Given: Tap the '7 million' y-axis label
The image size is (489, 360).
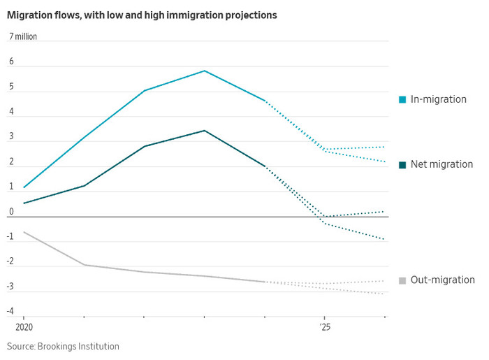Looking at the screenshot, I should point(23,36).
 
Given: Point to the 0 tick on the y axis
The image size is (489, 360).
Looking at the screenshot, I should point(11,212).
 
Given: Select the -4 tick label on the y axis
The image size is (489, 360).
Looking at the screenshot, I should point(10,311).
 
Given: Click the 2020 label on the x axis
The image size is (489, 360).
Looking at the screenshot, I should point(24,326).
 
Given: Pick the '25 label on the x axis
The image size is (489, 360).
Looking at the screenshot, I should point(325,326).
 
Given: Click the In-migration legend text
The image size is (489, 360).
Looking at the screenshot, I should point(438,99).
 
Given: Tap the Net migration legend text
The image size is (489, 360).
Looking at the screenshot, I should point(441,164).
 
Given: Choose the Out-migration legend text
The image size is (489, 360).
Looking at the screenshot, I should point(442,280).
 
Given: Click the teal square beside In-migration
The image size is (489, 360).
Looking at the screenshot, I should point(402,100).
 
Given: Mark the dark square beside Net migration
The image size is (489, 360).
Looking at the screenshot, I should point(402,165).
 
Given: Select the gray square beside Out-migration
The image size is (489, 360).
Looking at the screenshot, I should point(402,281).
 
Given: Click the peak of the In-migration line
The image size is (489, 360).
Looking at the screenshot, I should point(204,71).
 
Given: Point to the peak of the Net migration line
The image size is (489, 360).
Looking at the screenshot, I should point(204,131).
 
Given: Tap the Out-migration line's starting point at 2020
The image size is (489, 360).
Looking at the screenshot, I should point(24,232).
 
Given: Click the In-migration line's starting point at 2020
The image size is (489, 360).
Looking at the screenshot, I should point(24,187).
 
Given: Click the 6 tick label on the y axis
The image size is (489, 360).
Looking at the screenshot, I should point(11,62).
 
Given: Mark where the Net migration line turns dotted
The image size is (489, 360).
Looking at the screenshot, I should point(265,166).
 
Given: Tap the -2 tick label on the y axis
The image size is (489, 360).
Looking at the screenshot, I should point(10,261).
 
